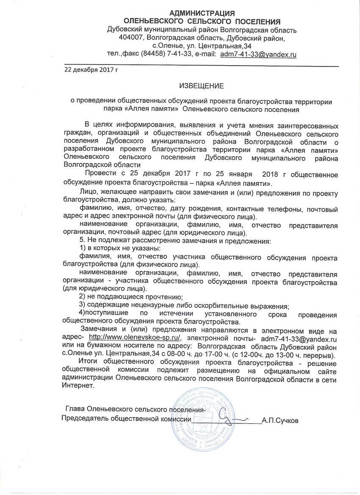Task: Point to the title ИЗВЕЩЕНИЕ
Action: pyautogui.click(x=201, y=86)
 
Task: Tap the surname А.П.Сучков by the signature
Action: pyautogui.click(x=280, y=421)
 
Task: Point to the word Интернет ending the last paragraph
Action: pyautogui.click(x=77, y=386)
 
